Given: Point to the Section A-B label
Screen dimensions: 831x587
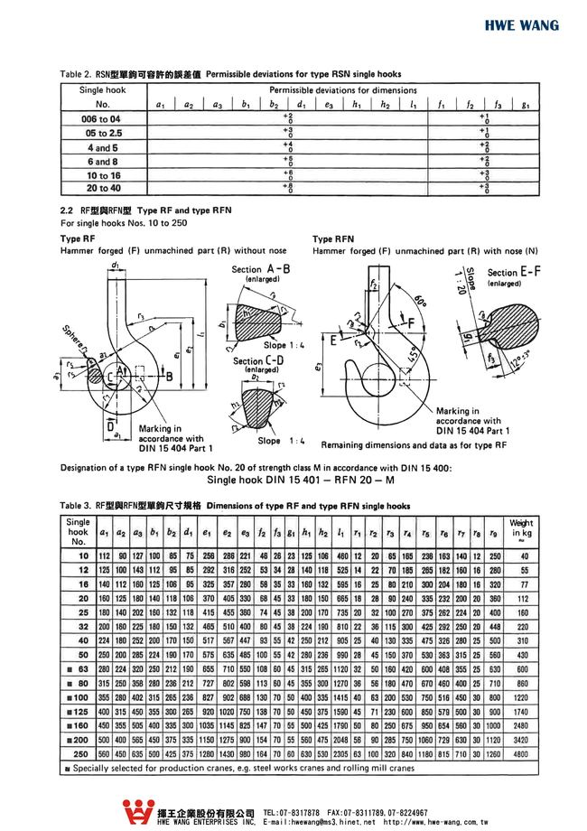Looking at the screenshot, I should point(260,270).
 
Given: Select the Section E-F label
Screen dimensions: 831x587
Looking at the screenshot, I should point(515,273).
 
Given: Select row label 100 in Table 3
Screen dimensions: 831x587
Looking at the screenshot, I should point(79,697).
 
